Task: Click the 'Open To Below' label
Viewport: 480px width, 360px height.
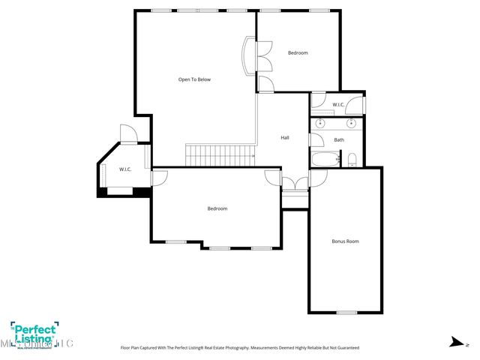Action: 194,79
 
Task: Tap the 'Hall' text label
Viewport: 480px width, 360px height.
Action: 285,137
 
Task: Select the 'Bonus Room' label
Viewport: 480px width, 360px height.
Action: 345,241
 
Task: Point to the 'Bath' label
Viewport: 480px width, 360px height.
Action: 339,140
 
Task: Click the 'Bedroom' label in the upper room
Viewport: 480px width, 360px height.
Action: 298,52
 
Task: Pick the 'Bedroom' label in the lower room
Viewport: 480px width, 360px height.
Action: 217,208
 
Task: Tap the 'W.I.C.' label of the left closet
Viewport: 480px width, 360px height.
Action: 125,169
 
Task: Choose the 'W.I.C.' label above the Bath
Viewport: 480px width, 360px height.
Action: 338,105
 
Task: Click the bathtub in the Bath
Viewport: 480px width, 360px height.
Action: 324,160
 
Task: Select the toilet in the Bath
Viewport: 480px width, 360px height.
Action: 351,159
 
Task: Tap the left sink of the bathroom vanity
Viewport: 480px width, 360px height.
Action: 320,122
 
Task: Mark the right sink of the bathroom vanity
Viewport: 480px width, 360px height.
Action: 349,122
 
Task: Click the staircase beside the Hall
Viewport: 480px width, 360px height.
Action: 221,155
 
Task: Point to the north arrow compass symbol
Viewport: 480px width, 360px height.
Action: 455,342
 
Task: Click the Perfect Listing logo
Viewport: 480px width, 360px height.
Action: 34,331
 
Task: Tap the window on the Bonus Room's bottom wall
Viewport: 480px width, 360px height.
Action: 346,312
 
